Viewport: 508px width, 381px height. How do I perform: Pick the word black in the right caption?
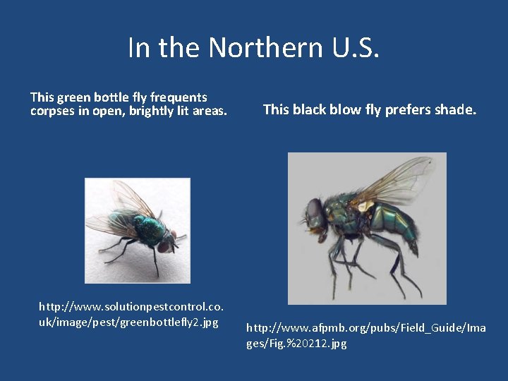click(x=314, y=109)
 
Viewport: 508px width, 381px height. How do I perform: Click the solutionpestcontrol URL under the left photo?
click(x=131, y=308)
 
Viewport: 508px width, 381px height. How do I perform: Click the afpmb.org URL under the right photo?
click(x=365, y=327)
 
